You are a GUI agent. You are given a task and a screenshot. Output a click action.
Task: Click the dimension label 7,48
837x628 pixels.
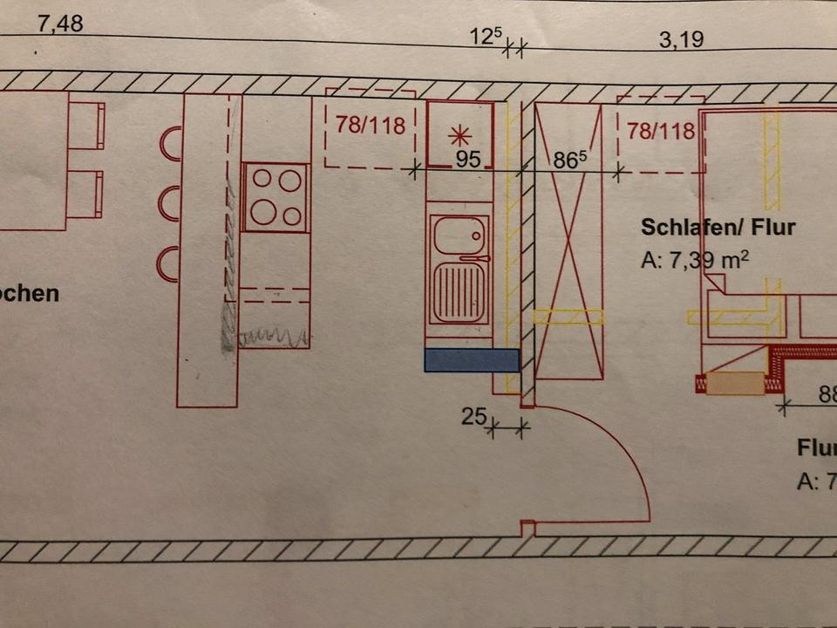(x=60, y=24)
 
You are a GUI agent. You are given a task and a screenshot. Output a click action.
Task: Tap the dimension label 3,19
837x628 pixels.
(x=681, y=40)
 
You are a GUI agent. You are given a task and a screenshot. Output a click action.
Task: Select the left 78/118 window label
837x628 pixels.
(x=371, y=126)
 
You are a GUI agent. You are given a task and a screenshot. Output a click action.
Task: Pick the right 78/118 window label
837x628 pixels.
(x=661, y=132)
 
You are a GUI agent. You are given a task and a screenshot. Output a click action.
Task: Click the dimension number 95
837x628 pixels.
(x=468, y=160)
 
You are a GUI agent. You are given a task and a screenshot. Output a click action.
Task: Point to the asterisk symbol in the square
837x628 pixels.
(x=459, y=135)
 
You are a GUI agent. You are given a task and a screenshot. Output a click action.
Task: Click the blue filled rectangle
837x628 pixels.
(x=472, y=360)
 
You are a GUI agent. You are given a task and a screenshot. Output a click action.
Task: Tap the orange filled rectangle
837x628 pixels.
(x=735, y=384)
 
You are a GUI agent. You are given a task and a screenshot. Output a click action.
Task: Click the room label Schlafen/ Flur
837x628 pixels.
(x=718, y=228)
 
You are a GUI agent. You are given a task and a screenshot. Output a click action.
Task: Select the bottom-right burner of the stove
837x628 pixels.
(x=293, y=215)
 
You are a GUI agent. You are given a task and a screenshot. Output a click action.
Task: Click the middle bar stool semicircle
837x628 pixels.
(x=168, y=203)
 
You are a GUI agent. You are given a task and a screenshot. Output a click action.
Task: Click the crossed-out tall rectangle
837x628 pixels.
(x=569, y=240)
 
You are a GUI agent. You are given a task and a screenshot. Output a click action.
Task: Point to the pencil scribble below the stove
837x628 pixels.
(x=272, y=336)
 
